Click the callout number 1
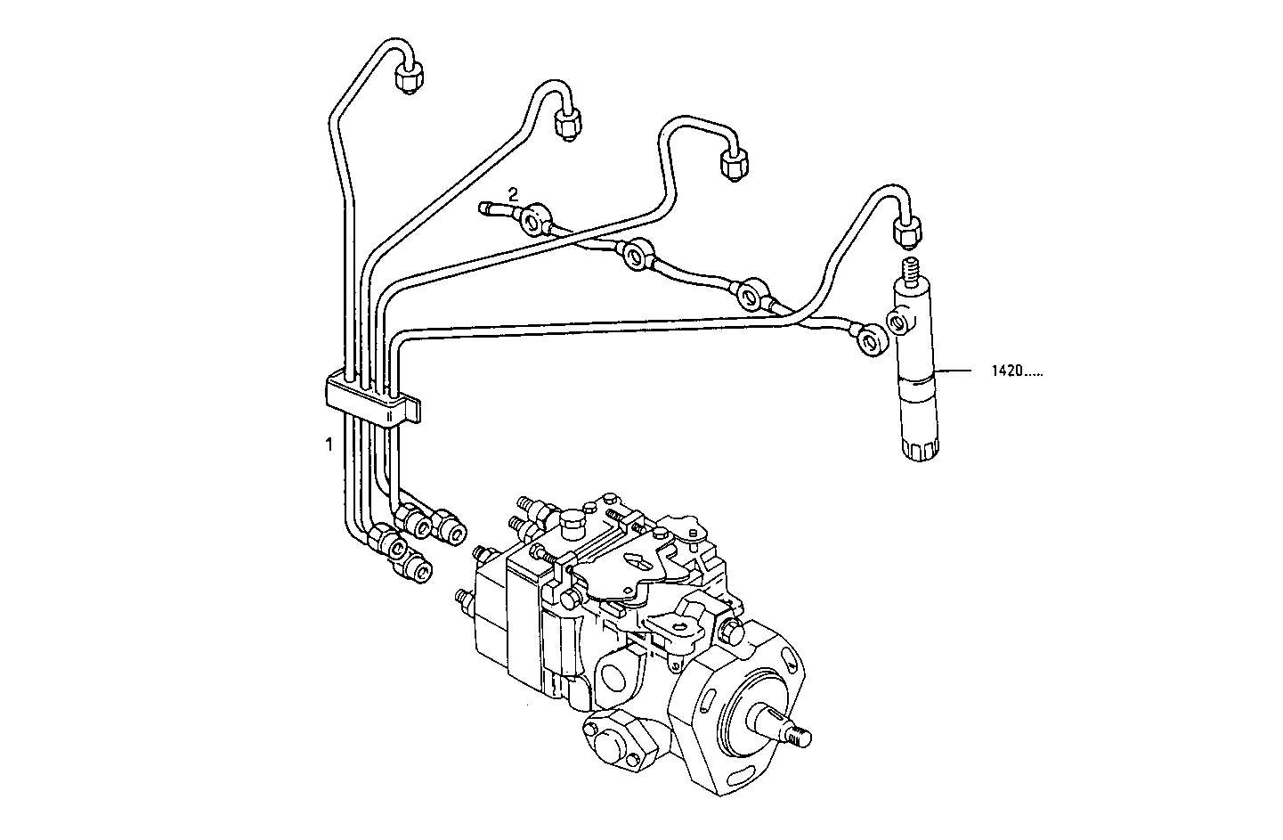pyautogui.click(x=329, y=443)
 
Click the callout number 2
pyautogui.click(x=513, y=192)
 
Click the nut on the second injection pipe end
pyautogui.click(x=566, y=124)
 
